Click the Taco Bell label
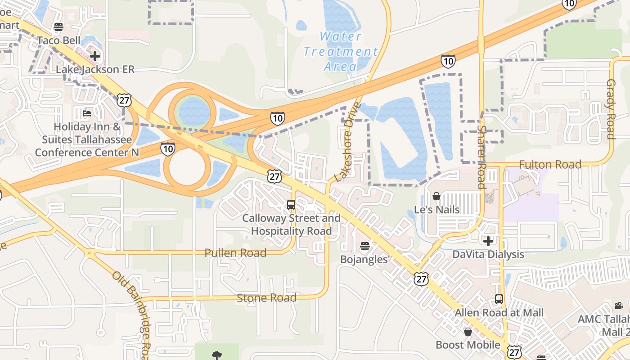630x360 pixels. (x=58, y=40)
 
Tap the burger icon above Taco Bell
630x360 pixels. (x=58, y=27)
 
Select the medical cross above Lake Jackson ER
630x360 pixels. (x=95, y=56)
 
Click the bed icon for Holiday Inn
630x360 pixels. (x=87, y=113)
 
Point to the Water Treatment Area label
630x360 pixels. (x=340, y=51)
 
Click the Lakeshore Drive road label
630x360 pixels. (x=348, y=142)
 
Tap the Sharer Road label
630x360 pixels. (x=481, y=157)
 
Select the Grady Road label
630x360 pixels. (x=611, y=109)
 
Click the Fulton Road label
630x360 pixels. (x=550, y=165)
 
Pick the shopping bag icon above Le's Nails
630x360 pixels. (x=436, y=196)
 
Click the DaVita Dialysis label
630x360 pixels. (x=488, y=254)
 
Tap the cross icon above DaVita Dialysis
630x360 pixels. (x=488, y=241)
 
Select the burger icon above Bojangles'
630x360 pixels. (x=364, y=247)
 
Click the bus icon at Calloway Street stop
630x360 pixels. (x=291, y=205)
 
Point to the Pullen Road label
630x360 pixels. (x=235, y=253)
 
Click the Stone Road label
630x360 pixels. (x=266, y=298)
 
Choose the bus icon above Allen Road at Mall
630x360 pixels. (x=499, y=299)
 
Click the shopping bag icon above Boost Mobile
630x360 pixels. (x=468, y=332)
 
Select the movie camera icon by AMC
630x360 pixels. (x=619, y=306)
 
